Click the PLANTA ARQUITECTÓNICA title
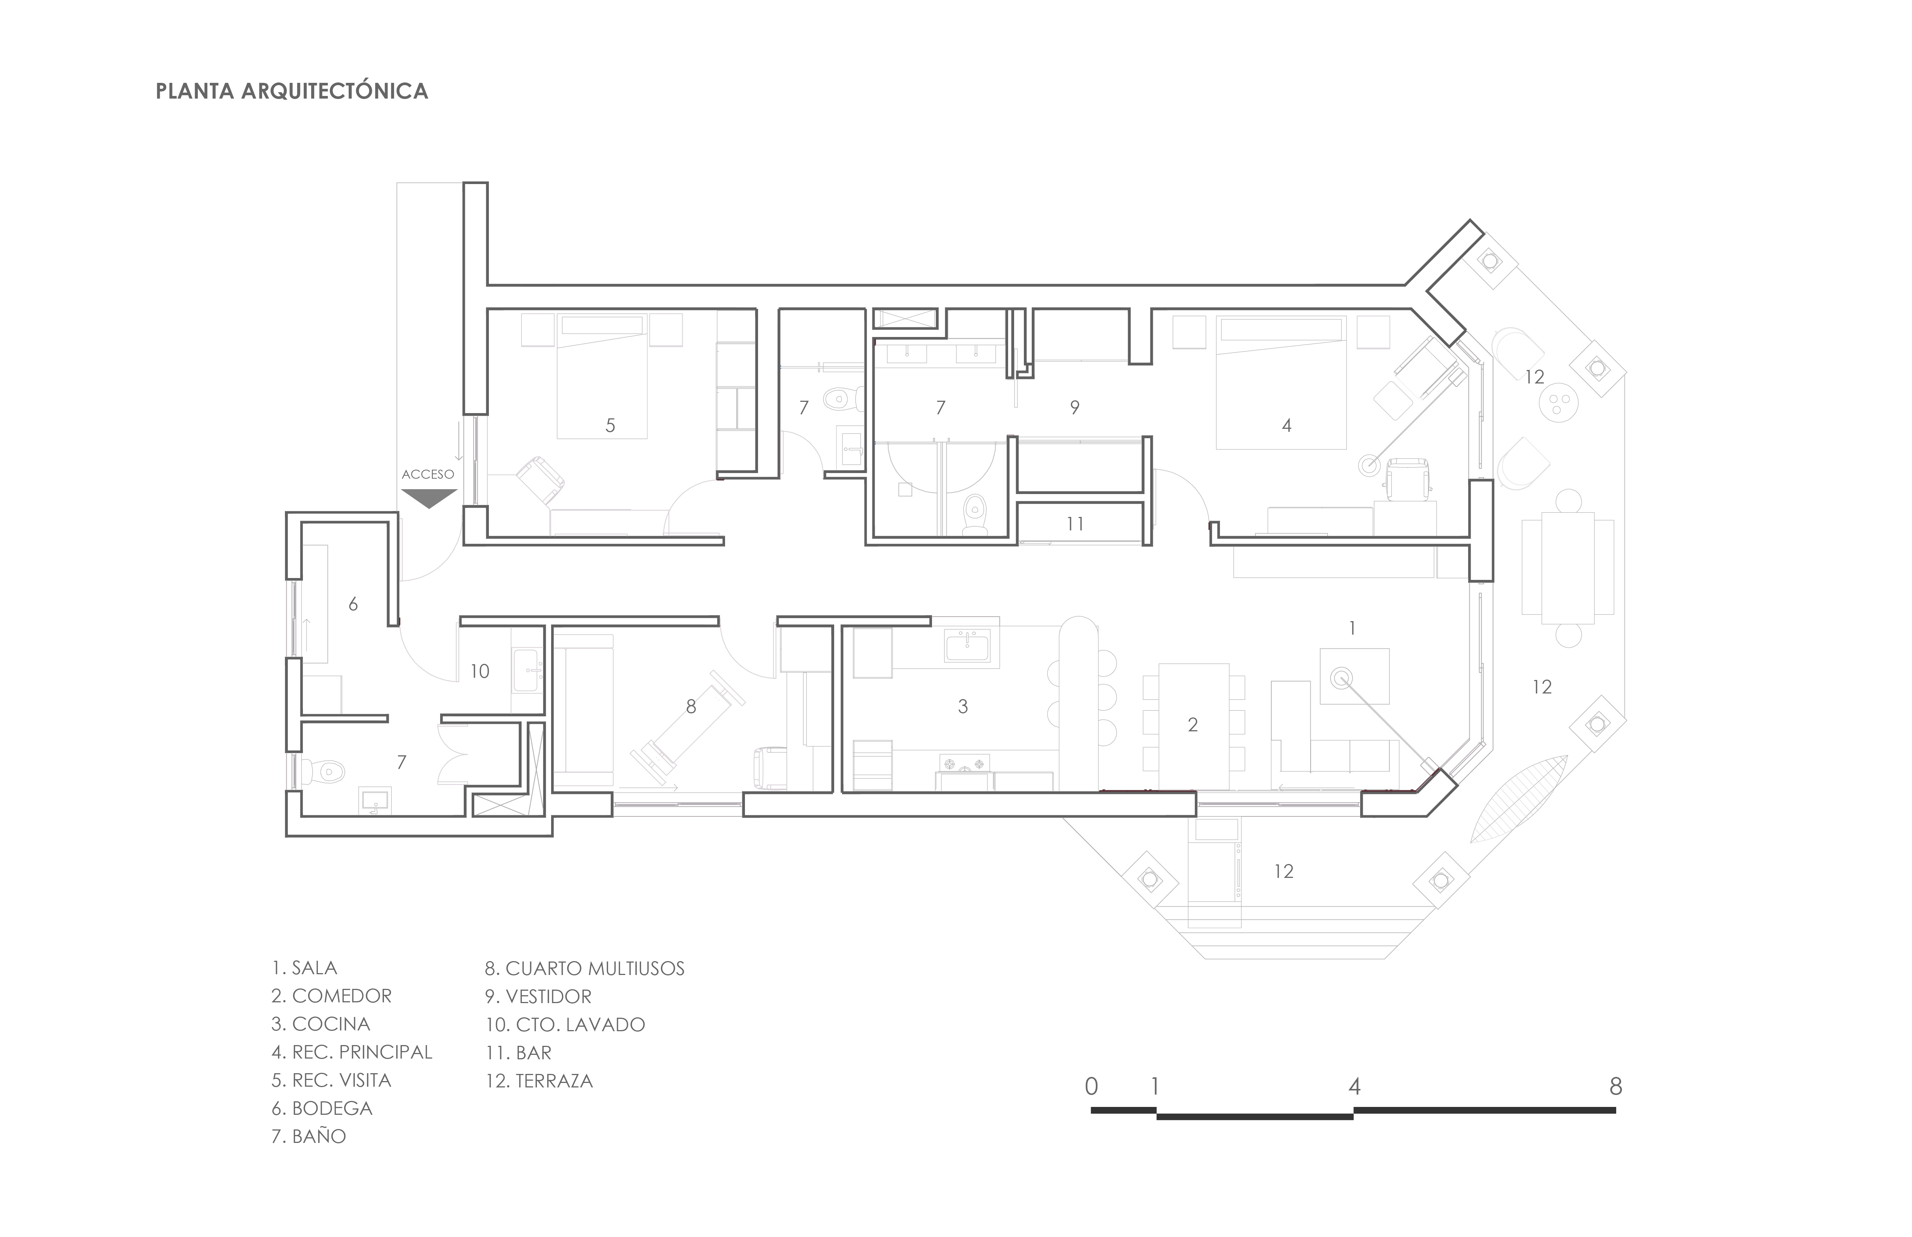[292, 91]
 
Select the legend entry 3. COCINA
[321, 1024]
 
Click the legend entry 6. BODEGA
[322, 1108]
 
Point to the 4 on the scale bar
[1355, 1087]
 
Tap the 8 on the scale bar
[1615, 1087]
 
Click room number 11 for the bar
[1075, 524]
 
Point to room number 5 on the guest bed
[611, 426]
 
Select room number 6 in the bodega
[353, 604]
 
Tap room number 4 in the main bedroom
[1287, 426]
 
